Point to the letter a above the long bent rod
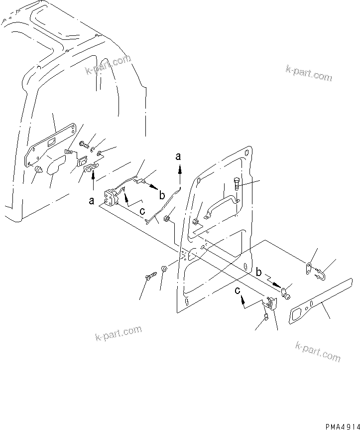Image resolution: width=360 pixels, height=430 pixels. (x=179, y=156)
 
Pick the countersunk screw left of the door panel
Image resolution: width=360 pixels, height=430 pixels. (x=150, y=276)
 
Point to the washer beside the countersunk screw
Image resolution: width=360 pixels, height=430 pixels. (x=164, y=272)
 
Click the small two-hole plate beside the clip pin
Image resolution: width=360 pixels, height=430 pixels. (x=309, y=269)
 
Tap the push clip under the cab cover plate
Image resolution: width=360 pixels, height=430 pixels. (x=38, y=171)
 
